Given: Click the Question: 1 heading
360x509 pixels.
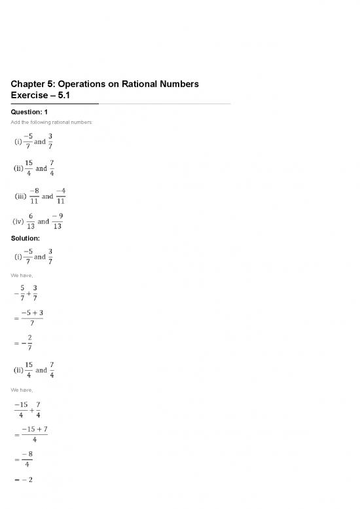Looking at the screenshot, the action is [29, 112].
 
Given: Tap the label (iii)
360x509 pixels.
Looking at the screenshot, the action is [21, 195].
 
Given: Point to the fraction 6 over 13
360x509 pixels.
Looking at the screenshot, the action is [31, 221].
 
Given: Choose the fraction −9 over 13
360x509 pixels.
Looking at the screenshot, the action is [58, 221].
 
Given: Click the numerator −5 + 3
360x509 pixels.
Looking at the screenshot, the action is [32, 314].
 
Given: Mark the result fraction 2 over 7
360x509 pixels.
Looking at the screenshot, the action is [29, 342].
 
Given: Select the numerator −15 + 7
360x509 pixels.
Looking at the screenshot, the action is [34, 430].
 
